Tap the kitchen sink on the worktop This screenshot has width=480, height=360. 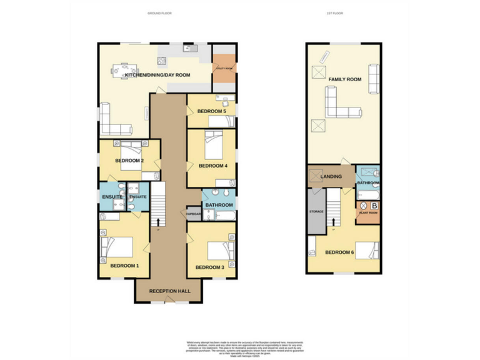pos(189,48)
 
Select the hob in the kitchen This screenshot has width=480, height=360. pos(161,61)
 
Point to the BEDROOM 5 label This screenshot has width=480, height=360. pos(211,111)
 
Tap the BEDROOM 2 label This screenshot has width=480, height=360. pos(129,161)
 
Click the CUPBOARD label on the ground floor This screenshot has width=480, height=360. pos(193,214)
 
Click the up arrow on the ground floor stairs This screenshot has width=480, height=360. pos(158,221)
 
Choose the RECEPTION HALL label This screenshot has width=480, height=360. pos(166,291)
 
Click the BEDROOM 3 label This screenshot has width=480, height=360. pos(209,267)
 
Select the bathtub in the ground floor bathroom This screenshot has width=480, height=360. pos(223,216)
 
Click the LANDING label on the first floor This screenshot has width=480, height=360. pos(331,177)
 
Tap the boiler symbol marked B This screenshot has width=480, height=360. pos(374,205)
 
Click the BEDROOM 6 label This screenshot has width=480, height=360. pos(339,252)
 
